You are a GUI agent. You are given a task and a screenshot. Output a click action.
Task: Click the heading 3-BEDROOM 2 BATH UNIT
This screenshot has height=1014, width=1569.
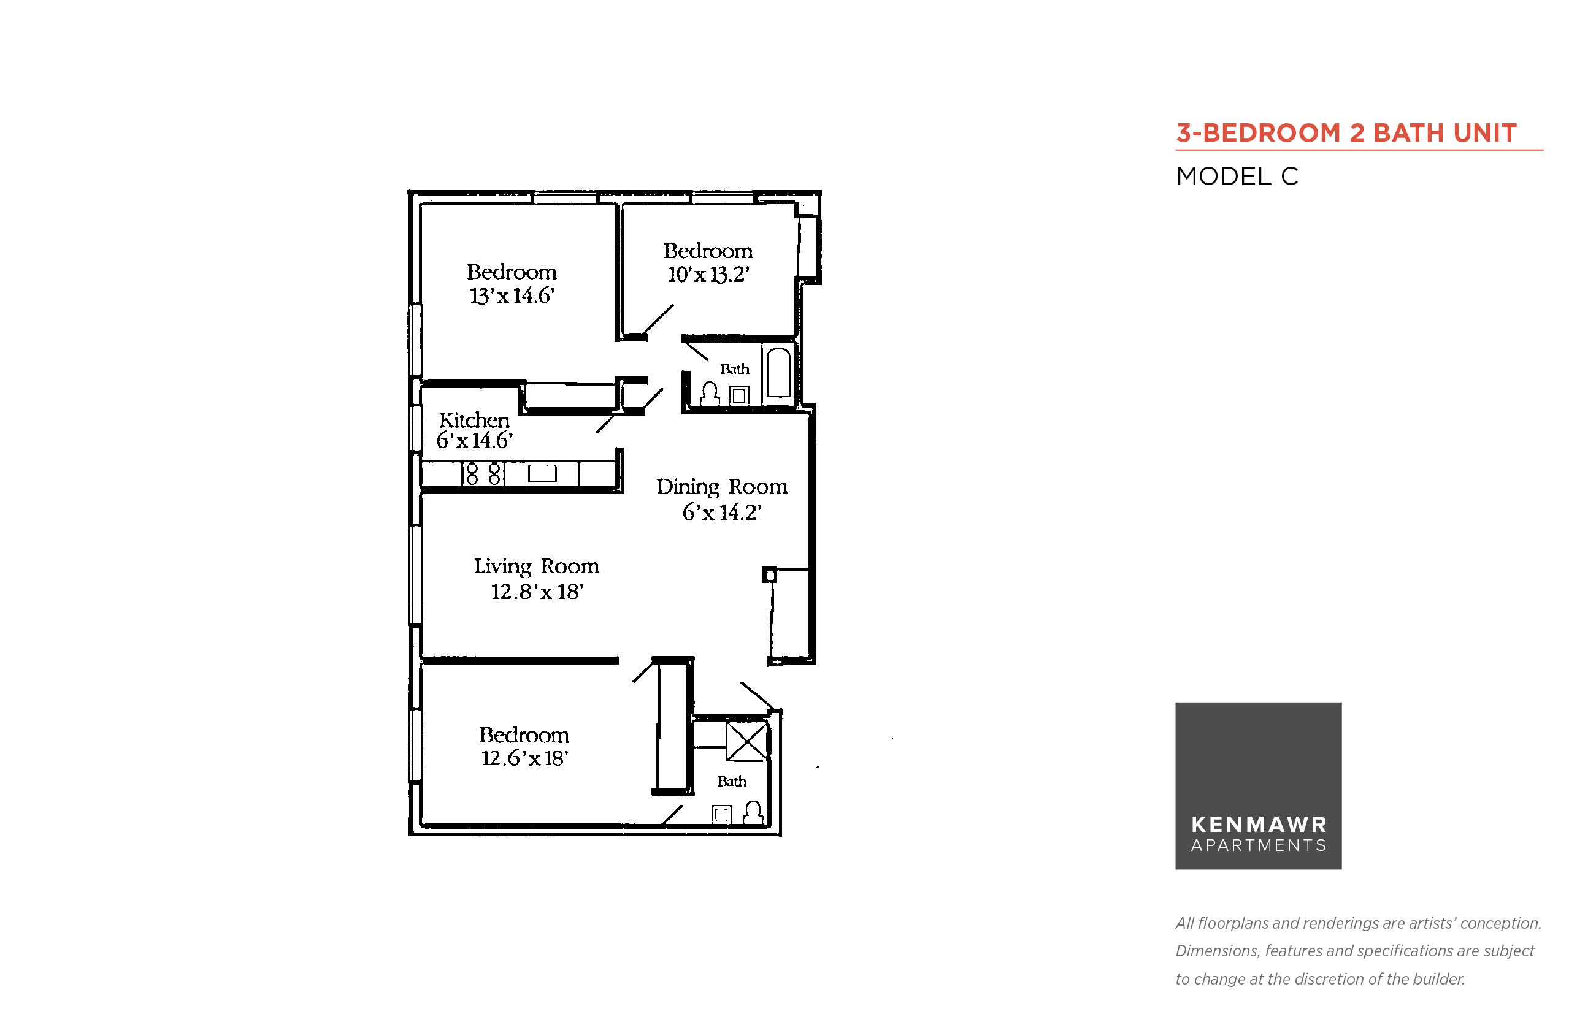point(1346,133)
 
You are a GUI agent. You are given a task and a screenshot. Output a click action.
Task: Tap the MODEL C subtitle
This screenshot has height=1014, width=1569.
point(1237,177)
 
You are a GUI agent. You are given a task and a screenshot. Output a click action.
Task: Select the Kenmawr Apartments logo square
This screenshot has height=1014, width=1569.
point(1258,785)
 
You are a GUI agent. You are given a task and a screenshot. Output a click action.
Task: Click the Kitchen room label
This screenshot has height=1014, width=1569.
point(474,420)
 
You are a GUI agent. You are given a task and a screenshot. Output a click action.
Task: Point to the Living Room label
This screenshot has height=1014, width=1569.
point(536,567)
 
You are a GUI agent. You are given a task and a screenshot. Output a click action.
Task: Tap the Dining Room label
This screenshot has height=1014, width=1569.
point(722,487)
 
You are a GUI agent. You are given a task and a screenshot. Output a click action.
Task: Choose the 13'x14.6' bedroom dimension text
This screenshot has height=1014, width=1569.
point(512,296)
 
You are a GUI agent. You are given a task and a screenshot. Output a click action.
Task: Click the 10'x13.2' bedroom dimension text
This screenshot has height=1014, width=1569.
point(708,275)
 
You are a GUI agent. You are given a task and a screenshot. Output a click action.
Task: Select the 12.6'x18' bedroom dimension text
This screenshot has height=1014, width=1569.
point(524,758)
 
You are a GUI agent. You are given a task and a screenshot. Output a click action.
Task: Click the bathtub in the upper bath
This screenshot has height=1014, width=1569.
point(778,372)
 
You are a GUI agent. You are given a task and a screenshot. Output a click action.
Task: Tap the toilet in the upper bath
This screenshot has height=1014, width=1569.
point(710,393)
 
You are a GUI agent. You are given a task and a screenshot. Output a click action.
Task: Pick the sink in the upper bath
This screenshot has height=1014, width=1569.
point(739,395)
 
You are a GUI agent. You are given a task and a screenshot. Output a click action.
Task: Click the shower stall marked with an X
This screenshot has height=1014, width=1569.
point(747,741)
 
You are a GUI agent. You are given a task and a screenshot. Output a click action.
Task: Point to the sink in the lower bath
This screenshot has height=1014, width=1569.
point(721,815)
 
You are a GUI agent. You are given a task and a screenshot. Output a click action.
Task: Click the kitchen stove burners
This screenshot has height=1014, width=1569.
point(483,474)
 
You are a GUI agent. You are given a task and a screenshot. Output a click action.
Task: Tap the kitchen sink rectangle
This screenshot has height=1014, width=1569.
point(542,473)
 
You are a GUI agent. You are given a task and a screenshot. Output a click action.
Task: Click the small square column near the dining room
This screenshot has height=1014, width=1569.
point(769,575)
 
